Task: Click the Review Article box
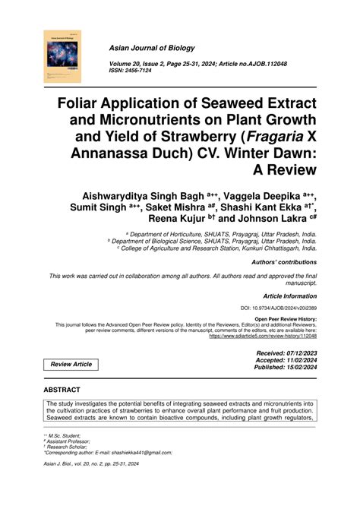[71, 365]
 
